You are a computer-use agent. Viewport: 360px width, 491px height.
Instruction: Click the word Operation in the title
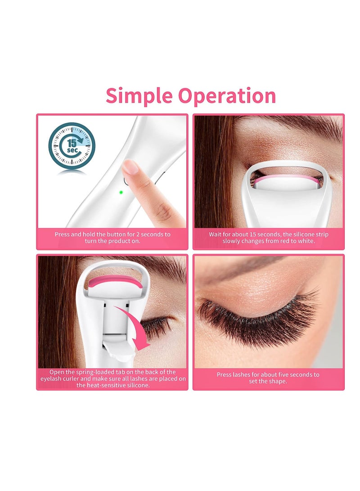tap(227, 96)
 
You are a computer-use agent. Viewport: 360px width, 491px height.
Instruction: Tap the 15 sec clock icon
tap(72, 146)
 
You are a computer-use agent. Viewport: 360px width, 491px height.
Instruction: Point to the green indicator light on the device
tap(121, 192)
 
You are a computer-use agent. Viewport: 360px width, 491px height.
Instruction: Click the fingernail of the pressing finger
tap(130, 167)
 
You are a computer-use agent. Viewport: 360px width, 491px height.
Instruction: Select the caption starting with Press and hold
tap(112, 238)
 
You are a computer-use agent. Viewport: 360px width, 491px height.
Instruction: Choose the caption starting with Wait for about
tap(269, 238)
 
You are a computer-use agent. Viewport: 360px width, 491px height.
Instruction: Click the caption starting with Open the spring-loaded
tap(112, 378)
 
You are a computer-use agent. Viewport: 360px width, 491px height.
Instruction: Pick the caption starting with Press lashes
tap(268, 378)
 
